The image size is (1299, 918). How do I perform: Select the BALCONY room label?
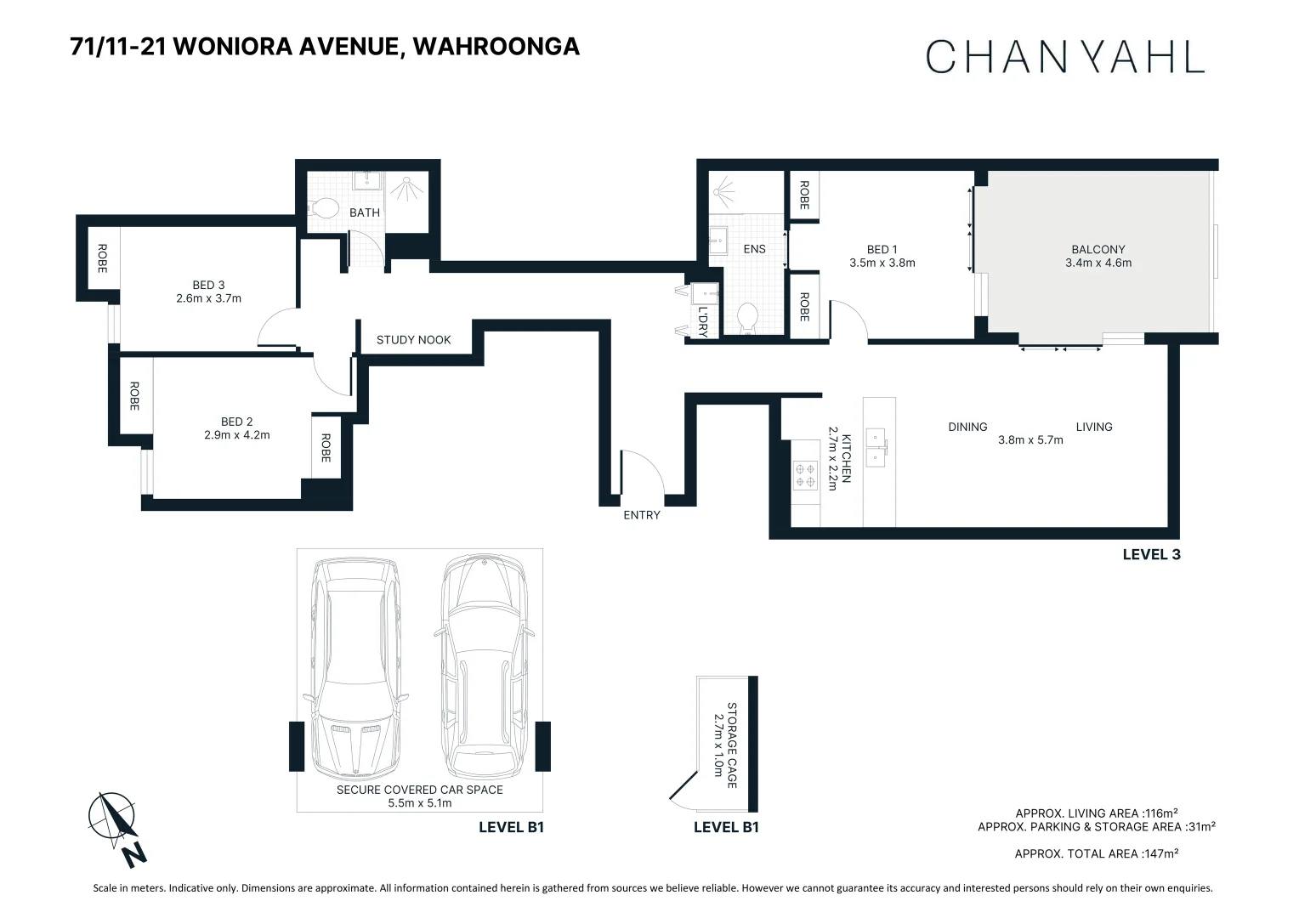click(x=1098, y=249)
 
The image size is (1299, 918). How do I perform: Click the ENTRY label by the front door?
click(x=641, y=515)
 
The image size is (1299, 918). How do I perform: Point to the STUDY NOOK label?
click(x=413, y=340)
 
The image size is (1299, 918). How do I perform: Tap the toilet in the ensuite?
click(x=747, y=319)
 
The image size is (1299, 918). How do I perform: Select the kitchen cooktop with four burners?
click(x=804, y=475)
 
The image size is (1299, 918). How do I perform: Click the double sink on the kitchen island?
click(x=875, y=447)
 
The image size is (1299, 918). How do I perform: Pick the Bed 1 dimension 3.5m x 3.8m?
click(x=882, y=263)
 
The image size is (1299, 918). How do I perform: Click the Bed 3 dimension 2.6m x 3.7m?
click(x=208, y=298)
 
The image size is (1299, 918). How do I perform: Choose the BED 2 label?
click(x=236, y=422)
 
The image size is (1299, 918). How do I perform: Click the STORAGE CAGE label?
click(x=731, y=745)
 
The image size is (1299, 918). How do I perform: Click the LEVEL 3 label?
click(x=1151, y=554)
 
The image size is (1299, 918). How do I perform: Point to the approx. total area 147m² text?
click(x=1096, y=853)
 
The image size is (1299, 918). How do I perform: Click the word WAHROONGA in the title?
click(x=496, y=46)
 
